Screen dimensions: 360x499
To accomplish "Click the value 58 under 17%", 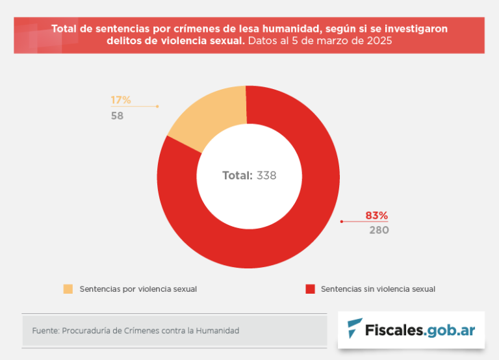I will [117, 116].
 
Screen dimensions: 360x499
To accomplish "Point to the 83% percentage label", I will [376, 215].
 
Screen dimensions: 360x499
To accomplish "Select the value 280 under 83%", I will [379, 230].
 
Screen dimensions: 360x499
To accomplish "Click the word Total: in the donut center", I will [237, 175].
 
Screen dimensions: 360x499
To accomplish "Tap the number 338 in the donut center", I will [266, 175].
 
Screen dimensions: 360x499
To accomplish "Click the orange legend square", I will [68, 289].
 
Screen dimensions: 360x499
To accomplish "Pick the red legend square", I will [310, 289].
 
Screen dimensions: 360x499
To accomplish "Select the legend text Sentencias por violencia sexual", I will [138, 289].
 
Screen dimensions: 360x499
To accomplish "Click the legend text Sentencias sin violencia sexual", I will [378, 289].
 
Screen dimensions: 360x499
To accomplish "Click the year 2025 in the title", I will [378, 40].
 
